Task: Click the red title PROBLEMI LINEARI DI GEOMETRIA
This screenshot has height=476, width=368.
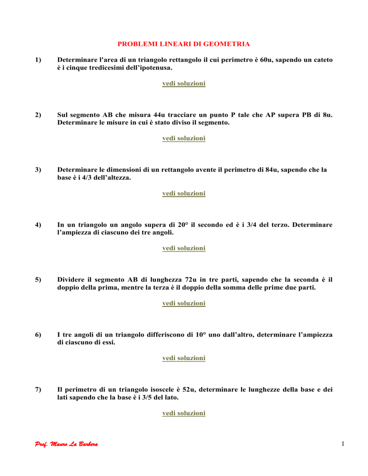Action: (x=184, y=44)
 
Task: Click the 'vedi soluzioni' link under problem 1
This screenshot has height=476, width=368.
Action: (x=184, y=83)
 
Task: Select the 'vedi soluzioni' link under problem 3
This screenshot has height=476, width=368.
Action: (x=184, y=193)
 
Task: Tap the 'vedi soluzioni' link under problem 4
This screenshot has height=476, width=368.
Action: (x=184, y=248)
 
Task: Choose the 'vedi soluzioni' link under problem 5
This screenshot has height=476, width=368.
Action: (x=184, y=303)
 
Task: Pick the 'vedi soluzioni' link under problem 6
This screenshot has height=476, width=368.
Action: (x=184, y=358)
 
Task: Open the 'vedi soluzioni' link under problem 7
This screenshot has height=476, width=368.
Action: (x=184, y=413)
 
